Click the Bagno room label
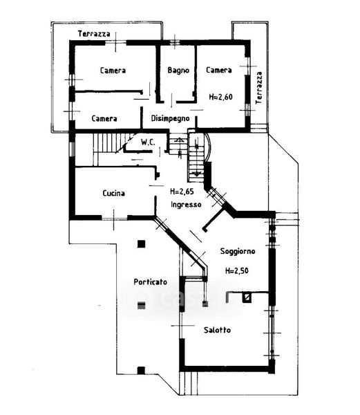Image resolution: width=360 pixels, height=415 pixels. coord(178,71)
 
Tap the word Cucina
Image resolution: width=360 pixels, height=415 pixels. coord(113,193)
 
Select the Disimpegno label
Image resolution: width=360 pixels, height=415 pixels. coord(170,118)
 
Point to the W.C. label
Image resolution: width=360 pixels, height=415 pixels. coord(148,142)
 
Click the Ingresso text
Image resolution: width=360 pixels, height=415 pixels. coord(186,205)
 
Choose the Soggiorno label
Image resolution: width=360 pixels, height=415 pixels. coord(238,251)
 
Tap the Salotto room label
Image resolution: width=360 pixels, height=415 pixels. coord(217,330)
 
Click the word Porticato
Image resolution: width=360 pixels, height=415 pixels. coord(150,282)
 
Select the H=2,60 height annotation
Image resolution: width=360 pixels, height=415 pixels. coord(220,97)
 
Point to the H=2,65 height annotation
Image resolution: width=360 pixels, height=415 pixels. coord(182,192)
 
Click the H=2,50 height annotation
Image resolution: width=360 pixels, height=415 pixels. coord(237,270)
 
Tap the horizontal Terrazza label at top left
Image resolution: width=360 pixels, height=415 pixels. coord(94,34)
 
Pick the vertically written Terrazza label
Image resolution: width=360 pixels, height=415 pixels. coord(259,88)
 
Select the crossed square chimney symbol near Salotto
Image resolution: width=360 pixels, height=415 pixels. coord(247,297)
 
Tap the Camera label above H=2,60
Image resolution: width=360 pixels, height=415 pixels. coord(219,70)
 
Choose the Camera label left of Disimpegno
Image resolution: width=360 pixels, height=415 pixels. coord(104,118)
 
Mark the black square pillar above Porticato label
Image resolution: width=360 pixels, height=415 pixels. coord(142,243)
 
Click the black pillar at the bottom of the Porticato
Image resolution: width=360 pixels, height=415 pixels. coord(141,371)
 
